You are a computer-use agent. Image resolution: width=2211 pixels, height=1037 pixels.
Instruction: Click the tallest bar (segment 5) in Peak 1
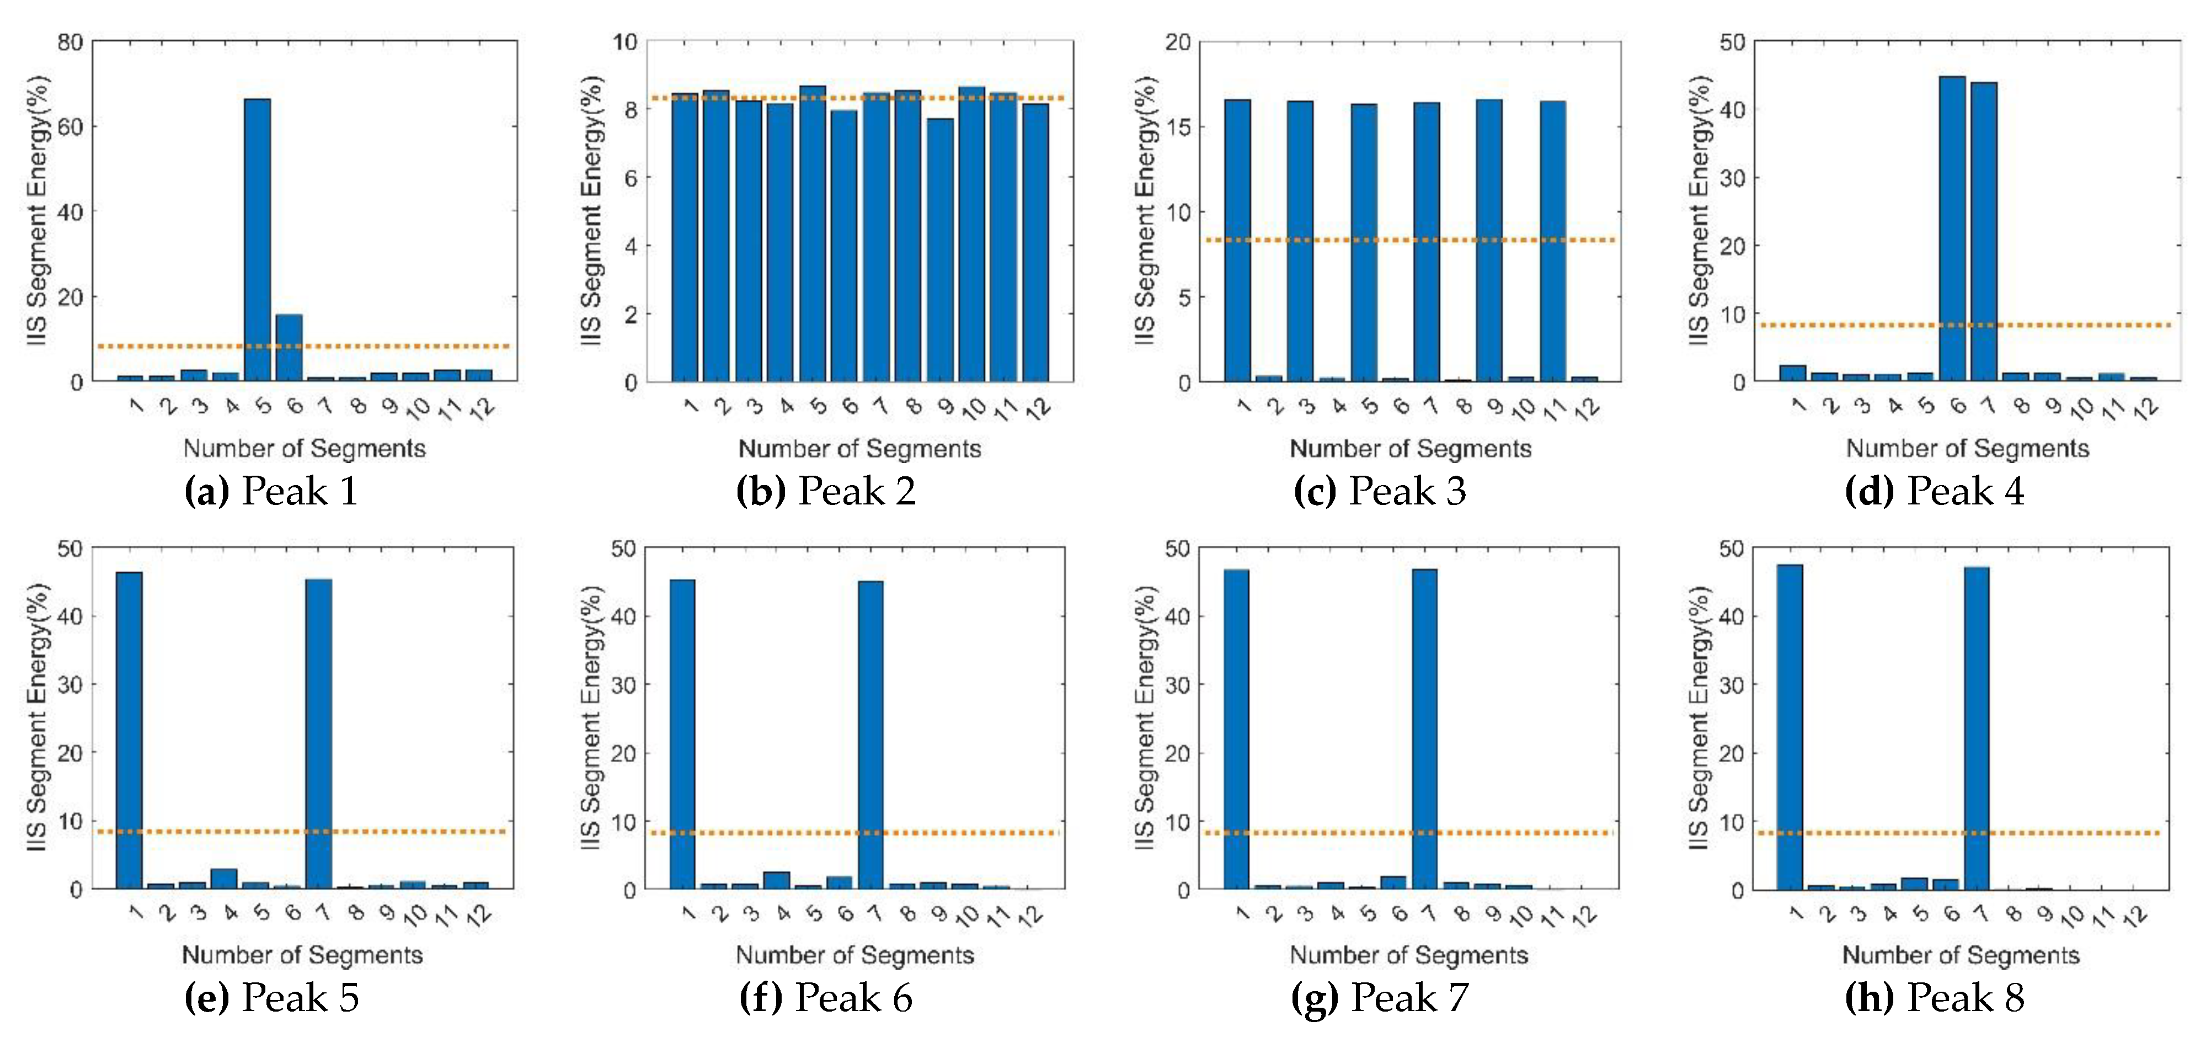tap(258, 241)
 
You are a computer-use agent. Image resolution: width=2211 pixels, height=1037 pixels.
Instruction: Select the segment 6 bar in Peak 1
tap(289, 348)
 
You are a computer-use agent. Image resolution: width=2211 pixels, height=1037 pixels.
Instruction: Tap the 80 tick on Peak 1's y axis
tap(71, 41)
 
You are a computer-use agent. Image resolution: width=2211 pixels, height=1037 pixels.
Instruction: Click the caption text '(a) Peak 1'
tap(271, 491)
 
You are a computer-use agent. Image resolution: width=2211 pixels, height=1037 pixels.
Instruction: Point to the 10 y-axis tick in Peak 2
tap(625, 41)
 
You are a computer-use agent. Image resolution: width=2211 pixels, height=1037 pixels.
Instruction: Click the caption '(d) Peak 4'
tap(1935, 491)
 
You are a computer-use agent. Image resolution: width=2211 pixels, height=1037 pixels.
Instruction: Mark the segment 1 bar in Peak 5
tap(130, 730)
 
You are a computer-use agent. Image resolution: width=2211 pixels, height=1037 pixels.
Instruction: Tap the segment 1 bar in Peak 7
tap(1236, 730)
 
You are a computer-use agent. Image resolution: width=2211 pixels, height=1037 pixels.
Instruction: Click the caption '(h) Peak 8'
tap(1935, 997)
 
